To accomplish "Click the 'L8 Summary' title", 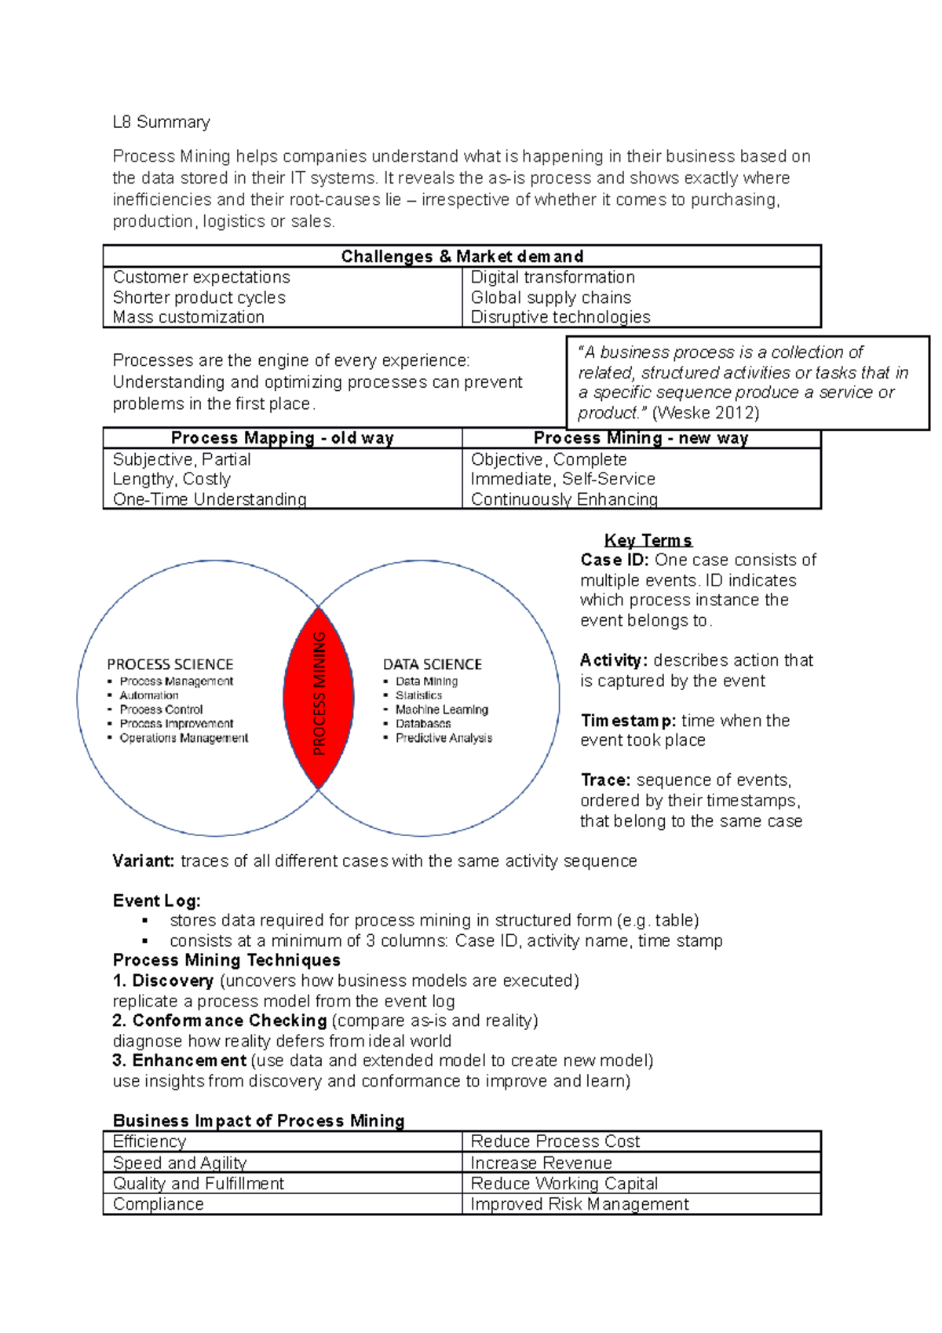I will coord(161,122).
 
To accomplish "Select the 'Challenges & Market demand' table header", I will coord(462,257).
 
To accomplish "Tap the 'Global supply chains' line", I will coord(550,298).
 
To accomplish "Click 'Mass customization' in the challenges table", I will coord(188,317).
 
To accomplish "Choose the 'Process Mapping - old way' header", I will coord(282,438).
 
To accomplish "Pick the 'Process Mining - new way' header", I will coord(641,438).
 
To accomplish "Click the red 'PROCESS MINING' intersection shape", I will coord(318,697).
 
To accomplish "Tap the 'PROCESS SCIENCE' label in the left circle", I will coord(170,664).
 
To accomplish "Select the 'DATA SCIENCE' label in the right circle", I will coord(432,664).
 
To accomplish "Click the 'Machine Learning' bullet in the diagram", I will coord(441,710).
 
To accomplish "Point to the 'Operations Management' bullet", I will coord(184,738).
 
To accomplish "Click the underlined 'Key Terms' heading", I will coord(648,540).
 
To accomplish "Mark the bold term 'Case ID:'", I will coord(614,561).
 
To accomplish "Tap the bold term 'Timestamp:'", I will coord(628,721).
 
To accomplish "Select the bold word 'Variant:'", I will coord(143,861).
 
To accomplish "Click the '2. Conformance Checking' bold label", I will coord(219,1021).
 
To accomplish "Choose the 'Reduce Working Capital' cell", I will coord(564,1184).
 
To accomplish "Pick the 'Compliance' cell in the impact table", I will coord(158,1204).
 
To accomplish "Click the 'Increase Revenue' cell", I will coord(541,1163).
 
